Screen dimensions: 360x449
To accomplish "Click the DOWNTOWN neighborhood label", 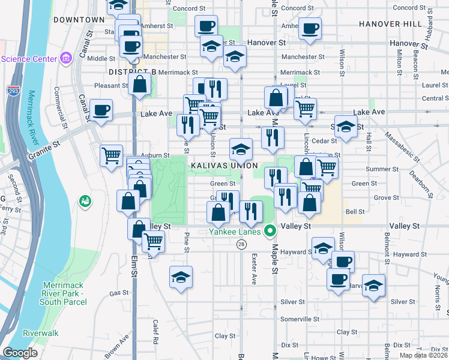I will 79,20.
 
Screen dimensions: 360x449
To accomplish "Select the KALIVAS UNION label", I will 224,166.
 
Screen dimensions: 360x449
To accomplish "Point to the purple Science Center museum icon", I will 66,59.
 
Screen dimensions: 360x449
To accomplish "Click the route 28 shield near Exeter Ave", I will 241,244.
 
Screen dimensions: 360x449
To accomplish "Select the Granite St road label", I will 44,149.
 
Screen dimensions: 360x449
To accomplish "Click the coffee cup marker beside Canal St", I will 101,110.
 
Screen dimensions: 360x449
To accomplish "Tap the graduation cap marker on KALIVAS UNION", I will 240,149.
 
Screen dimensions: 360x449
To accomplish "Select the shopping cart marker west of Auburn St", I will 111,155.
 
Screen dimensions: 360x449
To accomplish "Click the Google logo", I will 20,353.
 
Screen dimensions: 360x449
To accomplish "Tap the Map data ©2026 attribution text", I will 424,355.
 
